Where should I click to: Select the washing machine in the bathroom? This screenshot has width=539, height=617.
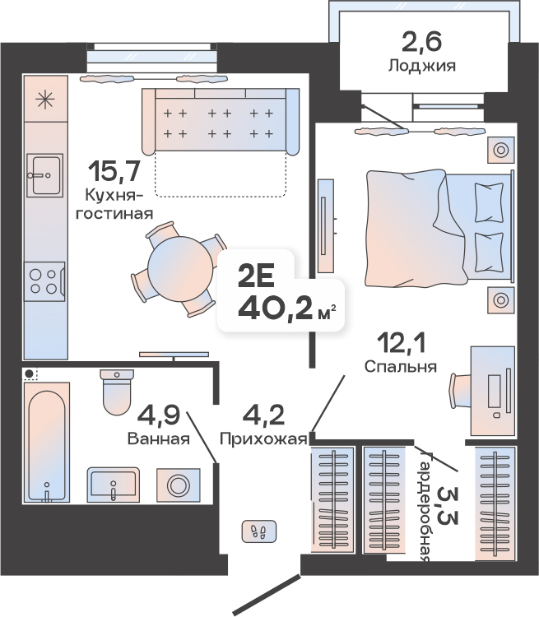click(x=179, y=485)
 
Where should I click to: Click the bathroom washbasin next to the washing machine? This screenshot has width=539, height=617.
click(x=114, y=485)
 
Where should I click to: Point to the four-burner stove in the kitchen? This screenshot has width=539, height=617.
click(x=44, y=281)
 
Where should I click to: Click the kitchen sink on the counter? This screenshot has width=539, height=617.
click(x=44, y=175)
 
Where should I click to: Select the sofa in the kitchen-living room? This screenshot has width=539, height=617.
click(x=221, y=121)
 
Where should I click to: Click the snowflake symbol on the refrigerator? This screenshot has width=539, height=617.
click(x=44, y=100)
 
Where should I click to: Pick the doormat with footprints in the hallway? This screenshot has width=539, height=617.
click(x=259, y=531)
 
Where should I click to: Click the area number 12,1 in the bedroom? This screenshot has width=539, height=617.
click(x=402, y=343)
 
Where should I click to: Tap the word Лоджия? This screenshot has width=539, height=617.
click(x=422, y=66)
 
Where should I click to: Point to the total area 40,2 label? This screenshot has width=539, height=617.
click(x=281, y=308)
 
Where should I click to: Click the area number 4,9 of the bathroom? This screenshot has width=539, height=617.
click(x=160, y=415)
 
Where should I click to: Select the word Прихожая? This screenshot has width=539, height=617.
click(x=263, y=438)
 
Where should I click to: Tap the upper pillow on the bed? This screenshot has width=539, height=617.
click(x=489, y=202)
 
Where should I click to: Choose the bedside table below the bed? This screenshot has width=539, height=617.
click(x=501, y=300)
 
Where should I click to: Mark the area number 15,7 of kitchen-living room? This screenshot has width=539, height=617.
click(x=114, y=172)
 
